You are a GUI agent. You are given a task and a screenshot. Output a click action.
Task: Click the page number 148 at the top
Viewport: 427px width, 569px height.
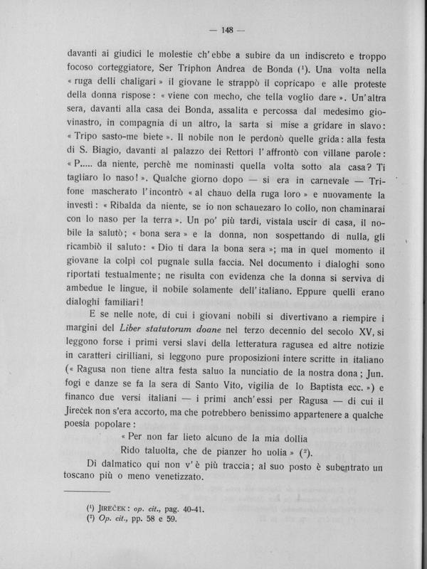pyautogui.click(x=228, y=29)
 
